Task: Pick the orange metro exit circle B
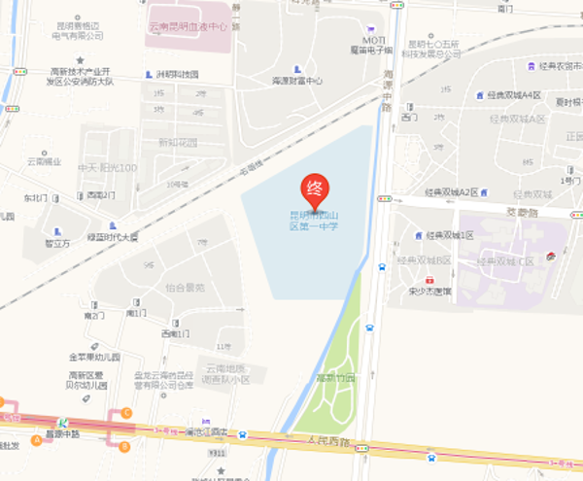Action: tap(124, 446)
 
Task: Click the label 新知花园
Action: tap(177, 142)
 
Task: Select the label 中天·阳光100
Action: tap(107, 167)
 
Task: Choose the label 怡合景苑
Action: tap(186, 288)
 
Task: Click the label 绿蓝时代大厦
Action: tap(113, 236)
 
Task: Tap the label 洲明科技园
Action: tap(177, 75)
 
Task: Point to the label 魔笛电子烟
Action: tap(371, 49)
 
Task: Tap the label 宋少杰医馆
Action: tap(429, 291)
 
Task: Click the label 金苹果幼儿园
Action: tap(93, 358)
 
